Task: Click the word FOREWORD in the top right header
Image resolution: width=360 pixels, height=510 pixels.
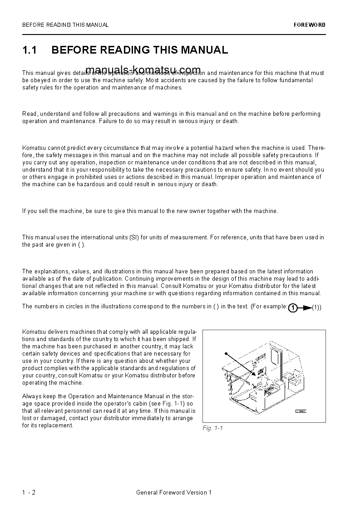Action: [x=310, y=25]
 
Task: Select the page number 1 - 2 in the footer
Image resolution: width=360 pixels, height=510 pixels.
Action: [x=29, y=492]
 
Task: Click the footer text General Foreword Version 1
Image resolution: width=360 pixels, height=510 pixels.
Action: [x=174, y=492]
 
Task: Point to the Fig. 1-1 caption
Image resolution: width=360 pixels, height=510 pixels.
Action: [x=212, y=428]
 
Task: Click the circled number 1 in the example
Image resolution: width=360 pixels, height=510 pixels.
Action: [x=293, y=308]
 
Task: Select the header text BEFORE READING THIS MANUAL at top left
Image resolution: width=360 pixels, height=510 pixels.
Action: [x=65, y=25]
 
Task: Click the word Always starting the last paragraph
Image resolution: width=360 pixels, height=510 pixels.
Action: [x=31, y=396]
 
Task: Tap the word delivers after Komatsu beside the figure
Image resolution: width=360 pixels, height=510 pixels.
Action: [x=55, y=332]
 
